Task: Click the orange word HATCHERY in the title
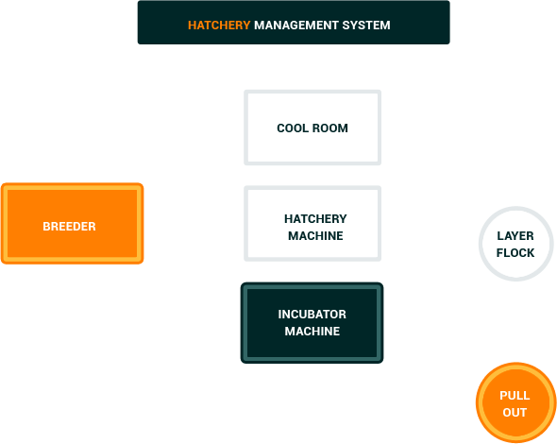coord(219,26)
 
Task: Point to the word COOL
coord(293,128)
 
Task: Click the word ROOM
coord(330,128)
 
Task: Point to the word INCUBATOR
coord(312,315)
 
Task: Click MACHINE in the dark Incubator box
coord(312,332)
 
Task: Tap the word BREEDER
coord(69,227)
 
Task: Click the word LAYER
coord(515,235)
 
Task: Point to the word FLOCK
coord(515,253)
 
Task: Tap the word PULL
coord(515,396)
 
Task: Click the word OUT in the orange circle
coord(515,413)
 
